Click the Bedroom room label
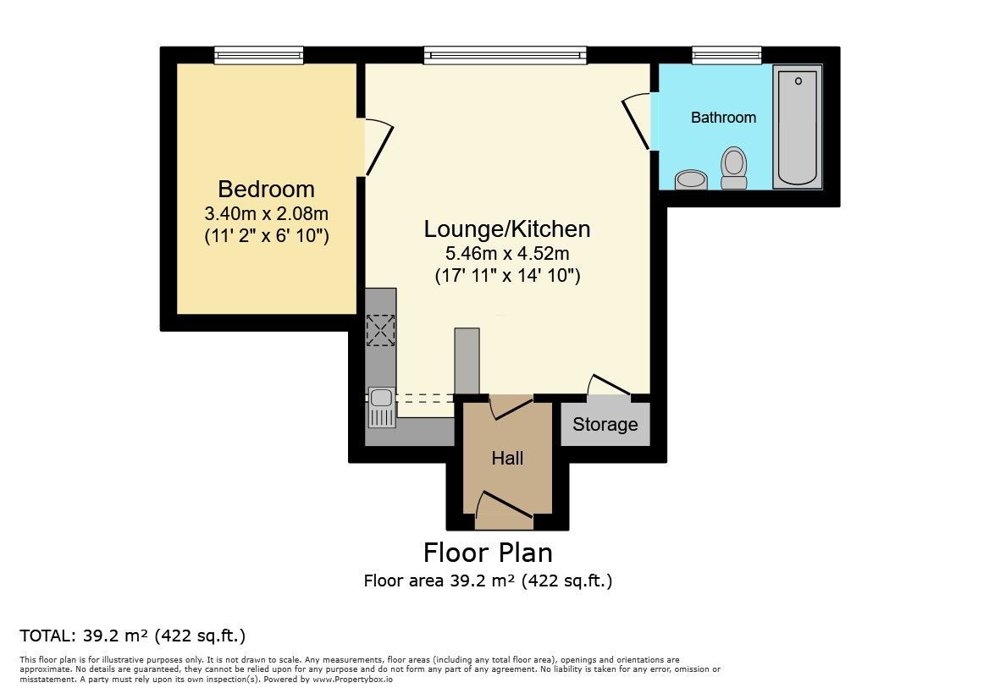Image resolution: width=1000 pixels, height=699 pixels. coord(266,190)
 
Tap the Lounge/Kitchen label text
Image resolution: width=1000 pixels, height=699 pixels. coord(507,229)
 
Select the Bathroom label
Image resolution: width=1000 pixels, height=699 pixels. coord(723,118)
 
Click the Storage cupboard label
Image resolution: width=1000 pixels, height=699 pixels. coord(605,424)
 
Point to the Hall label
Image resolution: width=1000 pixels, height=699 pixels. coord(508,458)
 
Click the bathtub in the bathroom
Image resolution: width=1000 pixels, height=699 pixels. coord(797,126)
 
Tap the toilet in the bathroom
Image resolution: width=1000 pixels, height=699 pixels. coord(733,168)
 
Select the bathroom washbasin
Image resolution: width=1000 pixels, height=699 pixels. coord(691,179)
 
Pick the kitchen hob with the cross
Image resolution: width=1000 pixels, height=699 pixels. coord(380,330)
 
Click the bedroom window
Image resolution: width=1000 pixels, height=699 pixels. coord(258,56)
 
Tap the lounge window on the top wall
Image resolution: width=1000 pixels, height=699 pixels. coord(506,56)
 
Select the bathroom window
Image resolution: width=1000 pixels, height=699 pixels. coord(727,56)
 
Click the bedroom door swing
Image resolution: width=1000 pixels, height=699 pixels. coord(378,147)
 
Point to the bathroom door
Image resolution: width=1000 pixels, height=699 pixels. coord(636,123)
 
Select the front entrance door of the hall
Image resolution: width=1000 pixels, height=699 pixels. coord(504,504)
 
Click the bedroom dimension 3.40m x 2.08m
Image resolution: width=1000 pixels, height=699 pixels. coord(266,213)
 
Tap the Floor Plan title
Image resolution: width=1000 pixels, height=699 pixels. coord(489,553)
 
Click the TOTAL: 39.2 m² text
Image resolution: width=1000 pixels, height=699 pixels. coord(133,636)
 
